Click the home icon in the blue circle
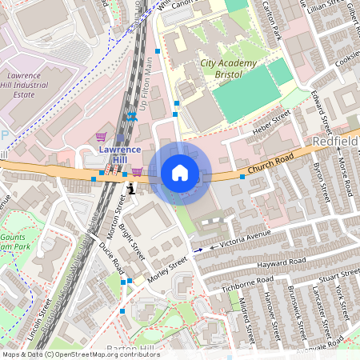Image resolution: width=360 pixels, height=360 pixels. (180, 173)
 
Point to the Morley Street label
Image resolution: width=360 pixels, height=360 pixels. (167, 270)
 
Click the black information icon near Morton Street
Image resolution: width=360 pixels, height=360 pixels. (131, 188)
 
